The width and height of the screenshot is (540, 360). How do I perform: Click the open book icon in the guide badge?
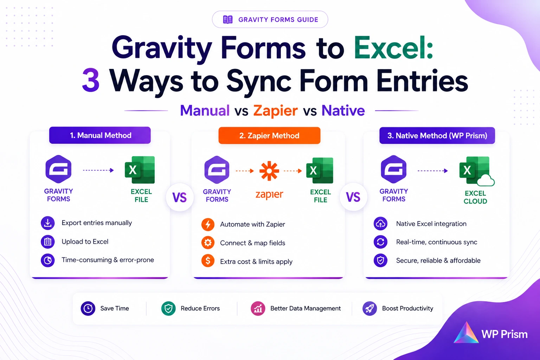pyautogui.click(x=227, y=20)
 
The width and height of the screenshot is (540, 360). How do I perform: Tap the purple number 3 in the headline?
pyautogui.click(x=91, y=80)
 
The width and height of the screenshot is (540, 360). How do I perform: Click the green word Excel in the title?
pyautogui.click(x=393, y=48)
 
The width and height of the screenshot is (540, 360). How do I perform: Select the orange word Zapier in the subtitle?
pyautogui.click(x=275, y=111)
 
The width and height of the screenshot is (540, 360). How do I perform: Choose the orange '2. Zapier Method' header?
pyautogui.click(x=269, y=135)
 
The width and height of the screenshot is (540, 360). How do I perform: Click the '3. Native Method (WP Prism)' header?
pyautogui.click(x=437, y=135)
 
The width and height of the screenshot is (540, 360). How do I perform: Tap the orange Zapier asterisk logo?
pyautogui.click(x=269, y=171)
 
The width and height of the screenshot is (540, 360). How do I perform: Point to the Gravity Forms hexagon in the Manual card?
pyautogui.click(x=58, y=169)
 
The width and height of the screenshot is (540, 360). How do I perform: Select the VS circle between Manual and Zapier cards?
pyautogui.click(x=180, y=197)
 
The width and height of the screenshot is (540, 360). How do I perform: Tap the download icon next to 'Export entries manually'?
pyautogui.click(x=48, y=223)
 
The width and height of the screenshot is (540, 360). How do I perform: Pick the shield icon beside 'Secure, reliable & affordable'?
pyautogui.click(x=380, y=261)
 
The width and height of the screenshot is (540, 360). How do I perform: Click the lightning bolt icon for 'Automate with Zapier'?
pyautogui.click(x=208, y=224)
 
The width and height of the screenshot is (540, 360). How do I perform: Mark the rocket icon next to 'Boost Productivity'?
pyautogui.click(x=369, y=308)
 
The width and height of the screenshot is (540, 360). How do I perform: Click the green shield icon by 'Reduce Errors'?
pyautogui.click(x=168, y=308)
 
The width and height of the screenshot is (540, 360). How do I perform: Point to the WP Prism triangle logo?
pyautogui.click(x=466, y=333)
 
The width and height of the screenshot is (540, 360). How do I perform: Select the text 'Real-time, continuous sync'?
pyautogui.click(x=437, y=242)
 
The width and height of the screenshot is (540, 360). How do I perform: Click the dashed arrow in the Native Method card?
pyautogui.click(x=433, y=171)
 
